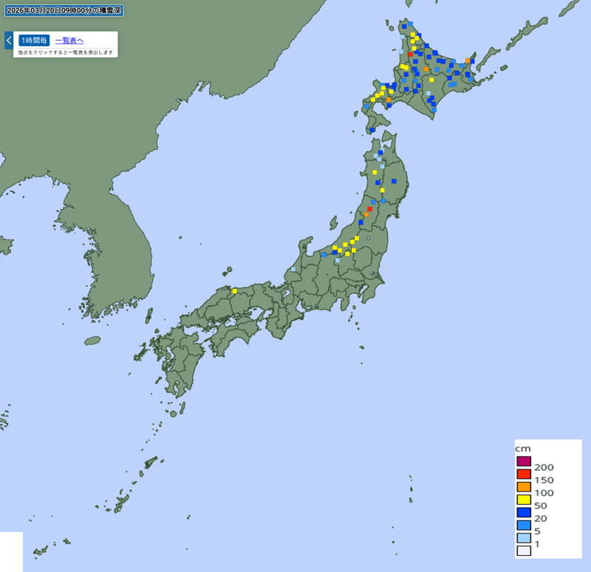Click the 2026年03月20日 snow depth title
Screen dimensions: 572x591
(x=63, y=10)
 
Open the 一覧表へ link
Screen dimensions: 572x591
(x=69, y=41)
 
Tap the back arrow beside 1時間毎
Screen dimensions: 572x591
(x=8, y=40)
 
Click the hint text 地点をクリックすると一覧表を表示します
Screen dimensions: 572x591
(x=66, y=52)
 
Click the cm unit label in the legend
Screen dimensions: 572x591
(x=523, y=449)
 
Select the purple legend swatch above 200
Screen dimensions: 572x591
(x=524, y=462)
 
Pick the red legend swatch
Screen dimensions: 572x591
(x=524, y=474)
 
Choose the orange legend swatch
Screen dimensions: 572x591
(x=524, y=487)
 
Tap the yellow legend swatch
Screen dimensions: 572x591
(x=524, y=500)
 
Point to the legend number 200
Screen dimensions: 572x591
(x=543, y=467)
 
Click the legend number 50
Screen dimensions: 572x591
(x=540, y=505)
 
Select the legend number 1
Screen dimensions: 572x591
(x=537, y=544)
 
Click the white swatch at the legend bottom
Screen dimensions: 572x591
(x=524, y=551)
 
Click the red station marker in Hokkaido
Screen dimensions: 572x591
(x=411, y=54)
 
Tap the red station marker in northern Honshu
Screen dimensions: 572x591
(x=369, y=209)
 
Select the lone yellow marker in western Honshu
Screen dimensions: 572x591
(x=234, y=291)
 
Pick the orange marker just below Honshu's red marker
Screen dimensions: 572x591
(x=366, y=215)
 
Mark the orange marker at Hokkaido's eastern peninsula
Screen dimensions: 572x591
(x=468, y=61)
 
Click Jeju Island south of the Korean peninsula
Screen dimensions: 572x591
(x=92, y=341)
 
